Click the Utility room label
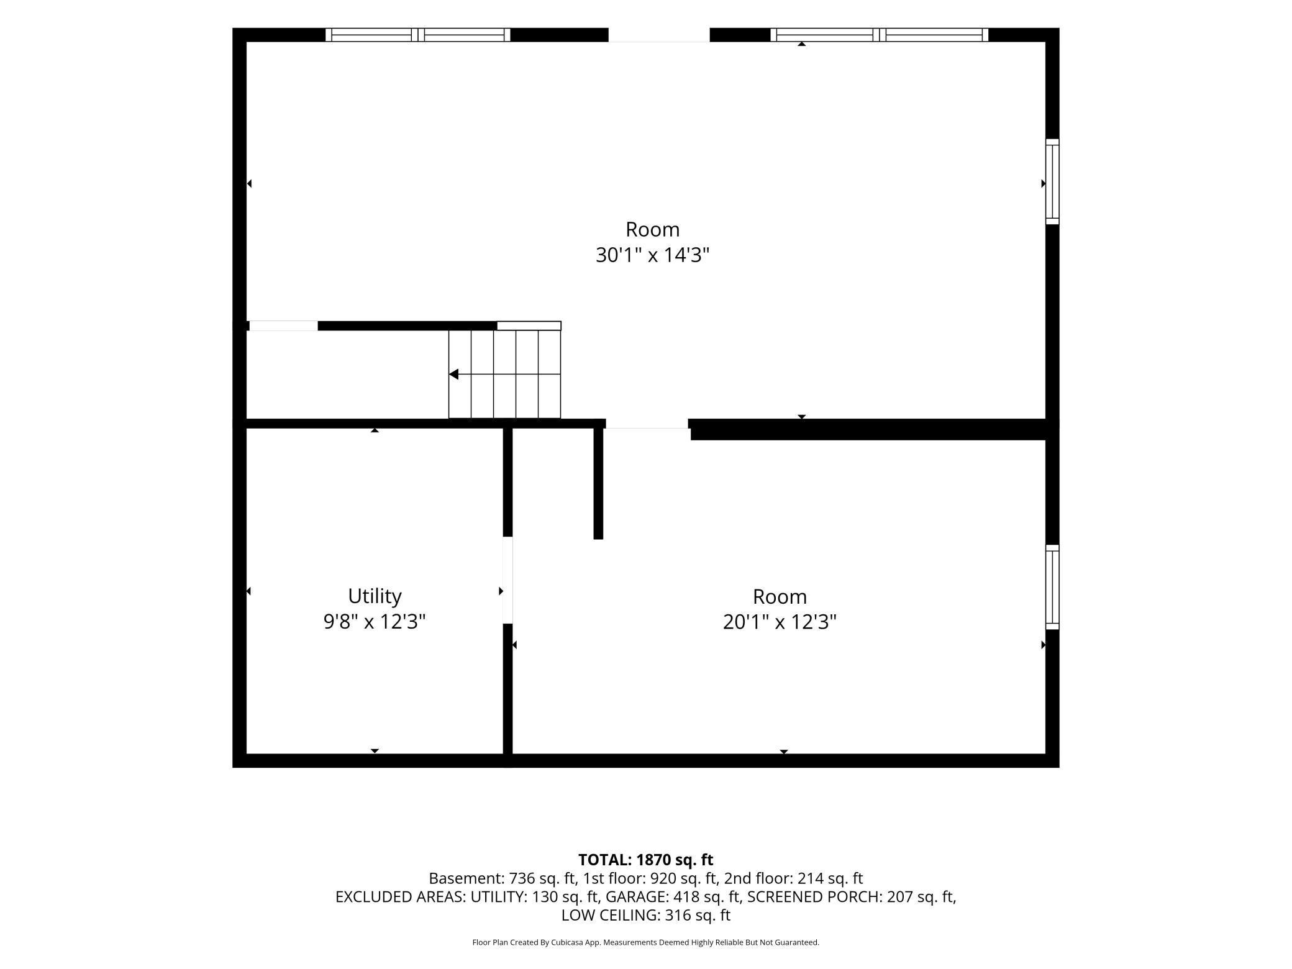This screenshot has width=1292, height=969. pyautogui.click(x=375, y=596)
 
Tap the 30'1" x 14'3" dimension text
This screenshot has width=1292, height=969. pyautogui.click(x=652, y=255)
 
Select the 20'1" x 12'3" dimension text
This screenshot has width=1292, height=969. pyautogui.click(x=780, y=622)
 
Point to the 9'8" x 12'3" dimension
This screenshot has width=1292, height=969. pyautogui.click(x=375, y=621)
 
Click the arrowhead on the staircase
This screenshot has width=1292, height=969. pyautogui.click(x=453, y=374)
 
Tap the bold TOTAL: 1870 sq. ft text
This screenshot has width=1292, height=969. pyautogui.click(x=645, y=860)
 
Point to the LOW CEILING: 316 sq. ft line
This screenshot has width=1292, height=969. pyautogui.click(x=645, y=915)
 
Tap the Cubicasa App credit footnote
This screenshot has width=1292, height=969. pyautogui.click(x=645, y=942)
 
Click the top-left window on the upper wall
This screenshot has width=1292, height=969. pyautogui.click(x=418, y=35)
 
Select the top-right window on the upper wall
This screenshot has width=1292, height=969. pyautogui.click(x=880, y=35)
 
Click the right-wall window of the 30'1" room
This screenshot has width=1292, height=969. pyautogui.click(x=1052, y=181)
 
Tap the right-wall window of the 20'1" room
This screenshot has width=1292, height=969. pyautogui.click(x=1052, y=587)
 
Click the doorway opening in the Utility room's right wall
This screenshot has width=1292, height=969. pyautogui.click(x=507, y=580)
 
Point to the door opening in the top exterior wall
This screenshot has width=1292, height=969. pyautogui.click(x=659, y=35)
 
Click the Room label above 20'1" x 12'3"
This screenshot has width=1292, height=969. pyautogui.click(x=780, y=597)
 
